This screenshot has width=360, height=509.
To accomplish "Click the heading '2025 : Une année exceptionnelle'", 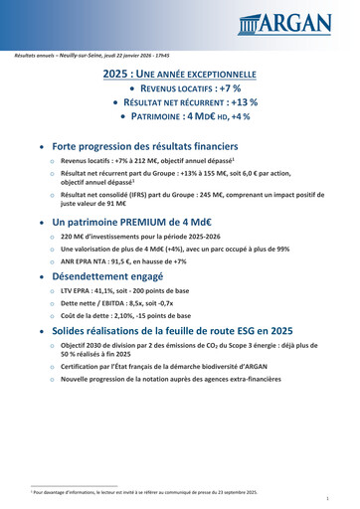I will point(180,75).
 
